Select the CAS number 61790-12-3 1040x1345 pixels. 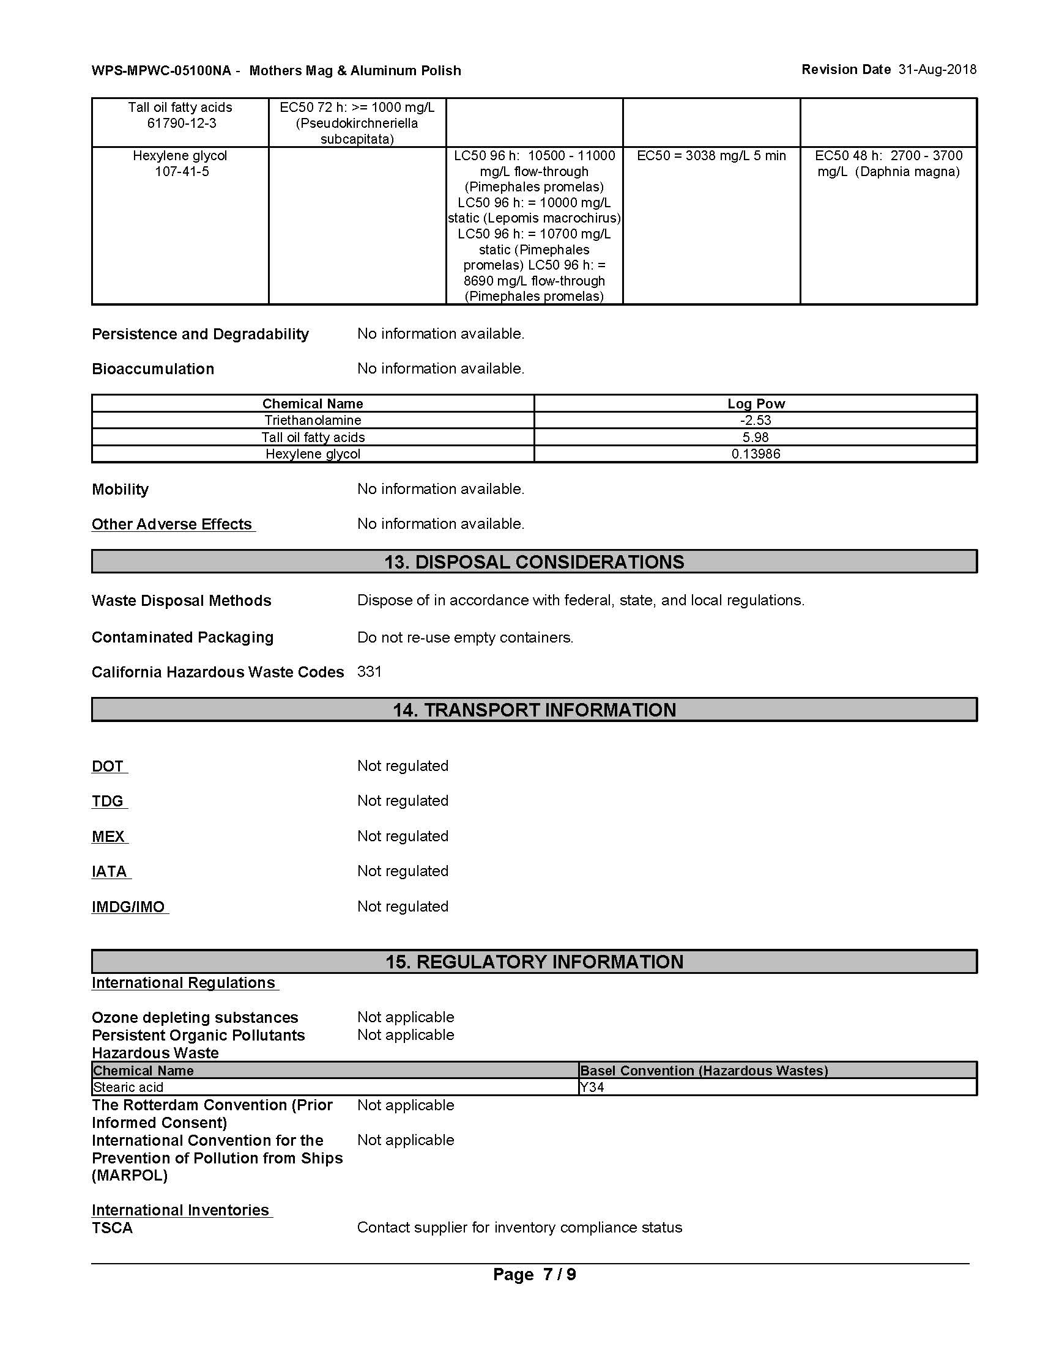tap(182, 123)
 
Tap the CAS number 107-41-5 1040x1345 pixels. tap(182, 172)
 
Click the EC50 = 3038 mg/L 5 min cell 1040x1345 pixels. tap(711, 156)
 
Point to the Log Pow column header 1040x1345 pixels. tap(756, 404)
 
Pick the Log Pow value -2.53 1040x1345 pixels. tap(756, 421)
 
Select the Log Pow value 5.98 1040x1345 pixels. tap(756, 437)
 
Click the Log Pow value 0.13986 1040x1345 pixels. tap(756, 454)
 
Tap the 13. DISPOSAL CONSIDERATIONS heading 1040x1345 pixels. tap(534, 562)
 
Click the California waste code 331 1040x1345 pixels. tap(370, 671)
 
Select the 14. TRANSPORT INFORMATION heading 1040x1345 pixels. tap(534, 709)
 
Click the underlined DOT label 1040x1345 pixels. tap(108, 766)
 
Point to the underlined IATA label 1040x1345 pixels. tap(110, 871)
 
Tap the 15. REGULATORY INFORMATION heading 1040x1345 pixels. tap(534, 962)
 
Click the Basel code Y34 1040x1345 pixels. tap(593, 1088)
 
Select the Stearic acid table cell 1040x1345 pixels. tap(128, 1088)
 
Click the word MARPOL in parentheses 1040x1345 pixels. tap(129, 1176)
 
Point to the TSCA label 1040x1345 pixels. tap(112, 1228)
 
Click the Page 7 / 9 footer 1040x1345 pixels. tap(534, 1275)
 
